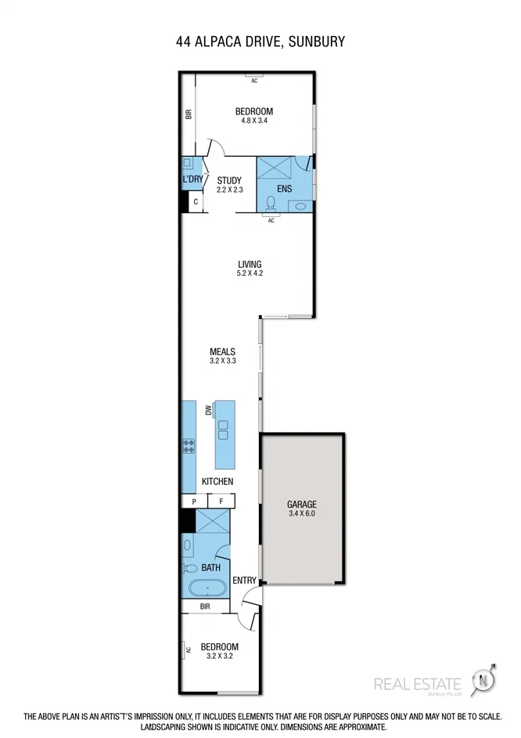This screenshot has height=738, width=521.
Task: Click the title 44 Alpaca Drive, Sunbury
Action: [x=260, y=42]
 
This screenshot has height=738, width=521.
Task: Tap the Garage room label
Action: [x=301, y=509]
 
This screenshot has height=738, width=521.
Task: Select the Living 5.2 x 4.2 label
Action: [x=250, y=269]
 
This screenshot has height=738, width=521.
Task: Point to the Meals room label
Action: [x=222, y=356]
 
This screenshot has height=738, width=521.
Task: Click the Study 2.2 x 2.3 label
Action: [x=229, y=185]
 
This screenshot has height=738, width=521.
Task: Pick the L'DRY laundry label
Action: [x=192, y=179]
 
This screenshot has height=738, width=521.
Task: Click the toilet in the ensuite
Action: [x=271, y=203]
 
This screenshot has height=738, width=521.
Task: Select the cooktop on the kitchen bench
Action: [x=189, y=446]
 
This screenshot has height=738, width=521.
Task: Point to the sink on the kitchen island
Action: [x=223, y=429]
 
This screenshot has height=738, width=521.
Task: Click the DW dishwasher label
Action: [x=209, y=410]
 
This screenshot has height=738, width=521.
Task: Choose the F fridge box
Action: [x=221, y=501]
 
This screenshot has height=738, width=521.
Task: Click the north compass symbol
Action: [x=486, y=680]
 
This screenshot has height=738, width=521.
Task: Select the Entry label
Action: [x=244, y=580]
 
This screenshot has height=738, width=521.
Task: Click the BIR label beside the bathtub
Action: [x=204, y=606]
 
